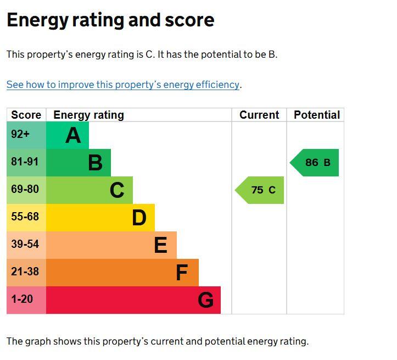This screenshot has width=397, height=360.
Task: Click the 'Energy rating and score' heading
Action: point(110,20)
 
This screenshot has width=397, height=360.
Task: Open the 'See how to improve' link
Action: point(123,85)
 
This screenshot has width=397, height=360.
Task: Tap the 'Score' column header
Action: point(26,115)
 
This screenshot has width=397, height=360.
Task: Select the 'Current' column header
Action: point(259,115)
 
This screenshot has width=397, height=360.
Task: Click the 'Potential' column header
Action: point(316,115)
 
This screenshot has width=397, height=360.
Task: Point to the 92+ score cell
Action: point(21,135)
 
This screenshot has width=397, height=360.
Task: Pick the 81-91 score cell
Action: point(25,162)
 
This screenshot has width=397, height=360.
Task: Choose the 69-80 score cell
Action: point(25,190)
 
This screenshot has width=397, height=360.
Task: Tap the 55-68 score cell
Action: point(25,217)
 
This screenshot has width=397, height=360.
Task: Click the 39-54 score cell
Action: point(25,245)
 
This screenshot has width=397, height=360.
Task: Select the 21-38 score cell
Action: point(25,272)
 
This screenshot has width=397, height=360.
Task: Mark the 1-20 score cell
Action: point(22,300)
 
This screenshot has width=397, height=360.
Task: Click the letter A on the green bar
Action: point(73,135)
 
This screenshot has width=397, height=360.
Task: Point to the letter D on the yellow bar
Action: point(139,218)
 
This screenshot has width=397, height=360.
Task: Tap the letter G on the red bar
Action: point(205,300)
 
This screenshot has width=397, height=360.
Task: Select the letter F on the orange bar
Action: point(181,273)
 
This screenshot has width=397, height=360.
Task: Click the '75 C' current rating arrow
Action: point(261,190)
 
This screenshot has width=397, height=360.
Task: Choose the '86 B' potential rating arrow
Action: point(316,163)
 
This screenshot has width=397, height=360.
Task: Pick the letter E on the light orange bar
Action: point(160,245)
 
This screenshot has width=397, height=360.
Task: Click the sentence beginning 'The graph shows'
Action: point(158,341)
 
